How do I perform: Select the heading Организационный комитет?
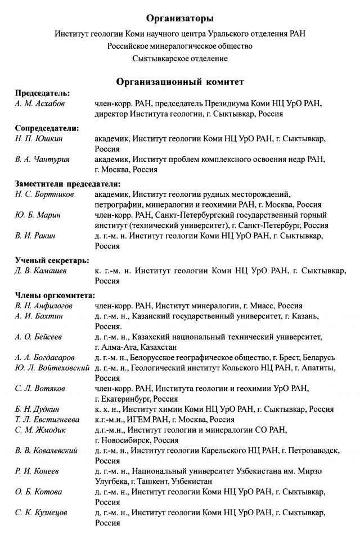(180, 82)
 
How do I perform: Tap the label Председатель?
(42, 93)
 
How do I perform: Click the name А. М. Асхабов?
(39, 104)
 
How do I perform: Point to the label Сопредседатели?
(47, 128)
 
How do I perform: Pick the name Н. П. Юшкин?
(37, 139)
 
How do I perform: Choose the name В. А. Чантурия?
(42, 160)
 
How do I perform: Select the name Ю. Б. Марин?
(38, 215)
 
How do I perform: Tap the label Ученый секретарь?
(52, 260)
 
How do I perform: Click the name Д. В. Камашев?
(41, 271)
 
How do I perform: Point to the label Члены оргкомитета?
(55, 295)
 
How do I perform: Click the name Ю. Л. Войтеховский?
(52, 368)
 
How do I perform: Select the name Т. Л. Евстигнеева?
(47, 420)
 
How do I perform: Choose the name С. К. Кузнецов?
(42, 512)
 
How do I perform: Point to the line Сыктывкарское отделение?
(180, 58)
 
